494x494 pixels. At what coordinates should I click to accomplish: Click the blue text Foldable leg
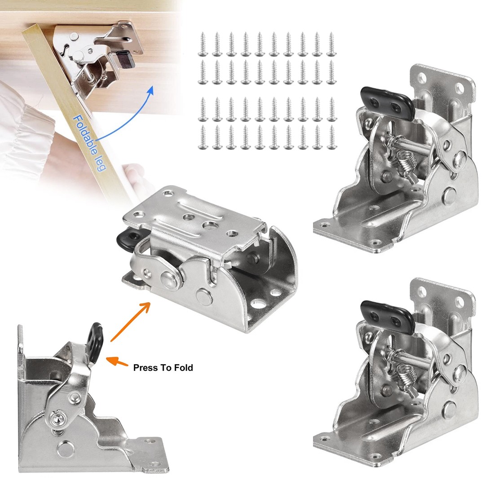89,143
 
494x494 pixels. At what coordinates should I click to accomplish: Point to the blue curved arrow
130,112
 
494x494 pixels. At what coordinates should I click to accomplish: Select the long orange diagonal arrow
130,322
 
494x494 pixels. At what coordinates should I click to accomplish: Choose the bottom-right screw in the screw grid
332,137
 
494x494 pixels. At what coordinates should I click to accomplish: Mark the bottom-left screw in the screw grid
202,137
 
